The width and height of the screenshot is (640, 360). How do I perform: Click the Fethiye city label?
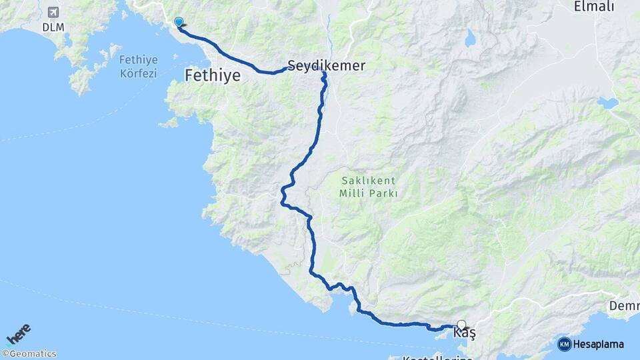[212, 75]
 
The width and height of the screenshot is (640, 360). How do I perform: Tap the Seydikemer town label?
[326, 65]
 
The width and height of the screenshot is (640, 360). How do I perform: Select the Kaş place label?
[464, 332]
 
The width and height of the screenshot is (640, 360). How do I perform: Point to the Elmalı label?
[593, 7]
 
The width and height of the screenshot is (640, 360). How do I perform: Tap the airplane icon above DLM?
[53, 12]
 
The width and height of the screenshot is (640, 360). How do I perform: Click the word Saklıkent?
[369, 181]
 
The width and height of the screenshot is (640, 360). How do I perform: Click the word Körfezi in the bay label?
[138, 73]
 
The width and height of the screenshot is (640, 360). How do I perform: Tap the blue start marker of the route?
[179, 23]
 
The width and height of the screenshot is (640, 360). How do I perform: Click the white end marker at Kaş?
[461, 325]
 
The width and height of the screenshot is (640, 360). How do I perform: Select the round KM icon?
[564, 344]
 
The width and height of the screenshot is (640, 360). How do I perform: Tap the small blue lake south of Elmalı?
[607, 103]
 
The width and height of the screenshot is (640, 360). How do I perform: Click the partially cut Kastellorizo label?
[437, 357]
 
